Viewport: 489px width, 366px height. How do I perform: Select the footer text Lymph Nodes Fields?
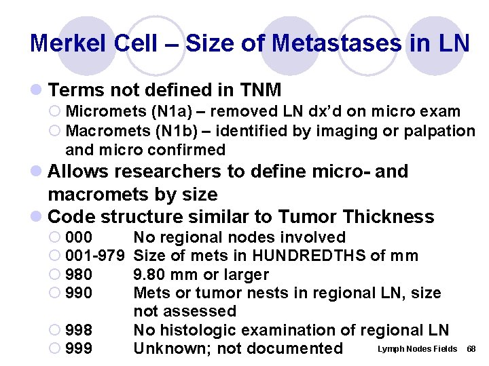[416, 348]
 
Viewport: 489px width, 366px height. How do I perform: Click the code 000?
[79, 237]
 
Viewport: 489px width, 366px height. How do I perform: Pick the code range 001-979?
[95, 256]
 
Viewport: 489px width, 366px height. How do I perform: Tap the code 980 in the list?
[79, 274]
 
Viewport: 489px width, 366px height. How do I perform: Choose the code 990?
[79, 293]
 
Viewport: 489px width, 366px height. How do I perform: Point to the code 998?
[79, 330]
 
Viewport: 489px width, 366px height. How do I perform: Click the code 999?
[79, 348]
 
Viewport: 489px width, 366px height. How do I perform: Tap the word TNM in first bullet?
[261, 89]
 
